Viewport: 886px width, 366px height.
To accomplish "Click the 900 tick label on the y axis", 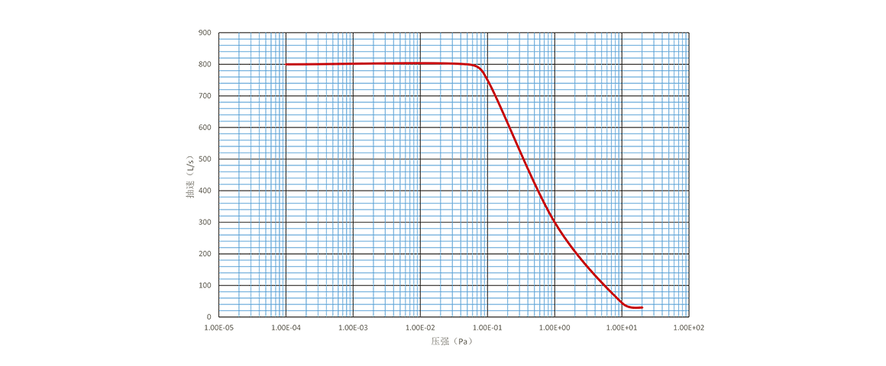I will coord(205,33).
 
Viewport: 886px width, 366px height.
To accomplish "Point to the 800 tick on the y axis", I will coord(205,65).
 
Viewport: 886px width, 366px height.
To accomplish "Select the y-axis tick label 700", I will coord(205,96).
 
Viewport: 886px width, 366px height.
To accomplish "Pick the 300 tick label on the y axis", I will coord(205,222).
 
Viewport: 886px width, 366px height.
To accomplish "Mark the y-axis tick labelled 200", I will coord(205,253).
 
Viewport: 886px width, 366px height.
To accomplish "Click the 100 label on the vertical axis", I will coord(205,285).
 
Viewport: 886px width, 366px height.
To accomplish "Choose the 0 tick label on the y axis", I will coord(209,316).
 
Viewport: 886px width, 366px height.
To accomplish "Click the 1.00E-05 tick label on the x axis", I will coord(219,327).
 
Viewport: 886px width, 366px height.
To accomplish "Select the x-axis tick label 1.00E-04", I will coord(286,327).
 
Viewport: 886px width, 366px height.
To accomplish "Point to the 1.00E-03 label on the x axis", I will coord(354,327).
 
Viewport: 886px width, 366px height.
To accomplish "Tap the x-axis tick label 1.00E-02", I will coord(421,327).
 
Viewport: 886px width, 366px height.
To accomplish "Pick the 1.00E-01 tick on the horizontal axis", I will coord(488,327).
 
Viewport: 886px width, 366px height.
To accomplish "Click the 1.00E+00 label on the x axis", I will coord(555,327).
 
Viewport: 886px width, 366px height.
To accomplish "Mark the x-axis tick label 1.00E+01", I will coord(622,327).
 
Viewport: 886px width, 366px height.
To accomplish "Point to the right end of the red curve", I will coord(644,307).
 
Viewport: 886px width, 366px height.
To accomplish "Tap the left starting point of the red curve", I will coord(287,65).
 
